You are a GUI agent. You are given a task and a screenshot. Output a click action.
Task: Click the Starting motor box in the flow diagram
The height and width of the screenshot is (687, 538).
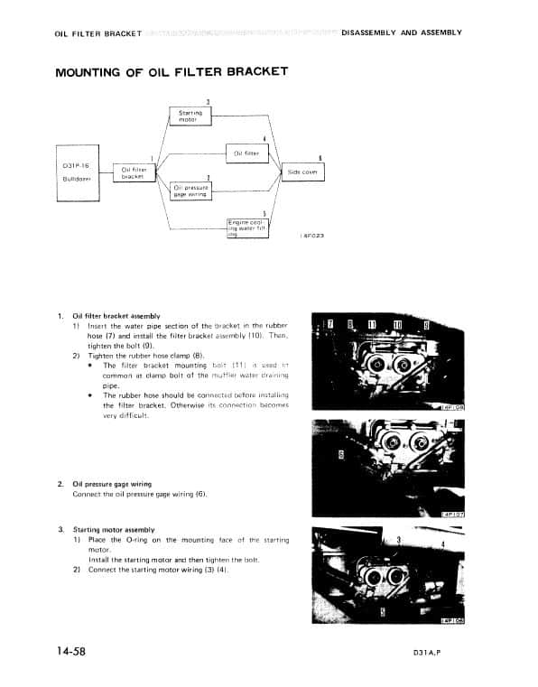(190, 116)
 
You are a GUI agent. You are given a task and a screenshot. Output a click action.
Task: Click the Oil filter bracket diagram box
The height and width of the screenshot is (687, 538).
(134, 172)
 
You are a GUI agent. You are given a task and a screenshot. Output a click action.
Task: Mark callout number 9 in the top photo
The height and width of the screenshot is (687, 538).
(426, 325)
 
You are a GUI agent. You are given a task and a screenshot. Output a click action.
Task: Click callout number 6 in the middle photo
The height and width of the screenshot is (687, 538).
(340, 455)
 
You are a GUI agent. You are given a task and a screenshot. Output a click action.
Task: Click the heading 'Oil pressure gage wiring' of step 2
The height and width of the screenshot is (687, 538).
(112, 484)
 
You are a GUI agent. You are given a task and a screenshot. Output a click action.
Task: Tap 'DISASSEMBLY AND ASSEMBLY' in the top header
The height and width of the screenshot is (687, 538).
(402, 32)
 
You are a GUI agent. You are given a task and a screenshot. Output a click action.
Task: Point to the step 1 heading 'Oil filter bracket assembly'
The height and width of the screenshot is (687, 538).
(116, 316)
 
